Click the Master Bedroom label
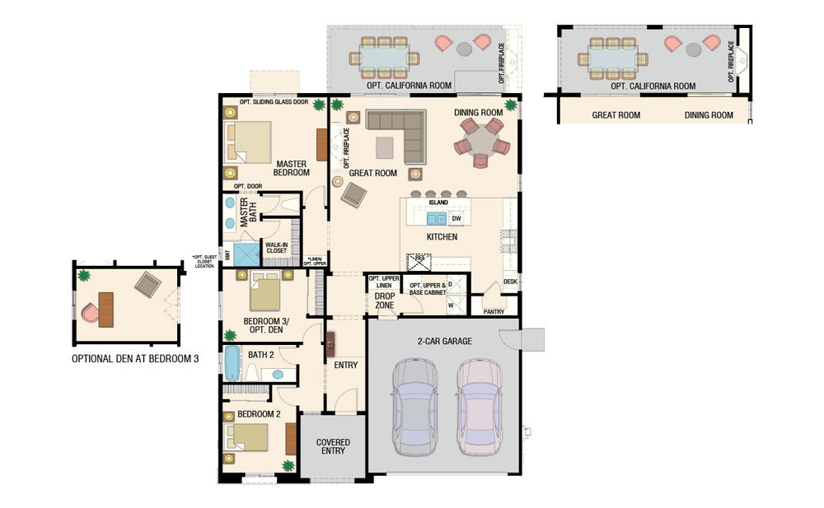[x=293, y=168]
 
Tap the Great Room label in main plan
[x=373, y=173]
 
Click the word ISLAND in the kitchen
[x=438, y=203]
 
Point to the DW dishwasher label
[x=456, y=219]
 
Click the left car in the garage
[x=416, y=408]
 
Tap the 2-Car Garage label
[x=445, y=340]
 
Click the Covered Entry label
[x=333, y=446]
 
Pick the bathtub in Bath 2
[x=231, y=362]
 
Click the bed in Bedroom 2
[x=250, y=437]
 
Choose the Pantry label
[x=494, y=311]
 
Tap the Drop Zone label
[x=385, y=301]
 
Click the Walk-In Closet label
[x=275, y=248]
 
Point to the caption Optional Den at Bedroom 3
[x=135, y=359]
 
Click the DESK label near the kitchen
[x=510, y=282]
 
